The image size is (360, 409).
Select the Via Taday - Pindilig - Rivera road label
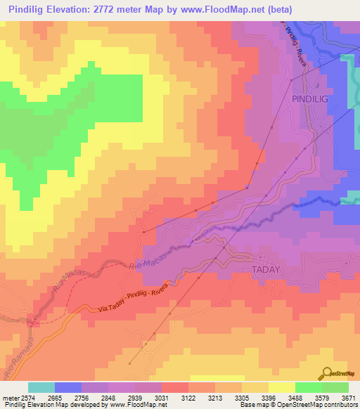pos(138,298)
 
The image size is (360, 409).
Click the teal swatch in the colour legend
pos(41,387)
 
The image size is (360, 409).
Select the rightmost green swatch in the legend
pos(335,387)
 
